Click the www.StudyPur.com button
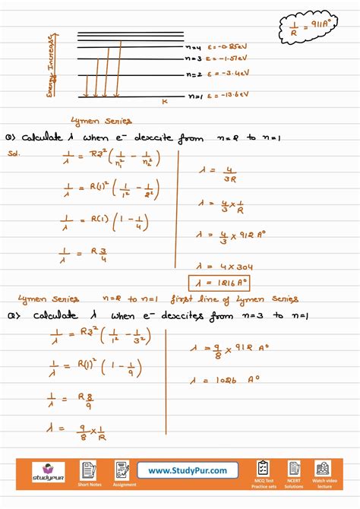pos(187,471)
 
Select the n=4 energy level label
pos(194,47)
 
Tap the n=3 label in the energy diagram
pos(195,58)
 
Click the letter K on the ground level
pos(164,101)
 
